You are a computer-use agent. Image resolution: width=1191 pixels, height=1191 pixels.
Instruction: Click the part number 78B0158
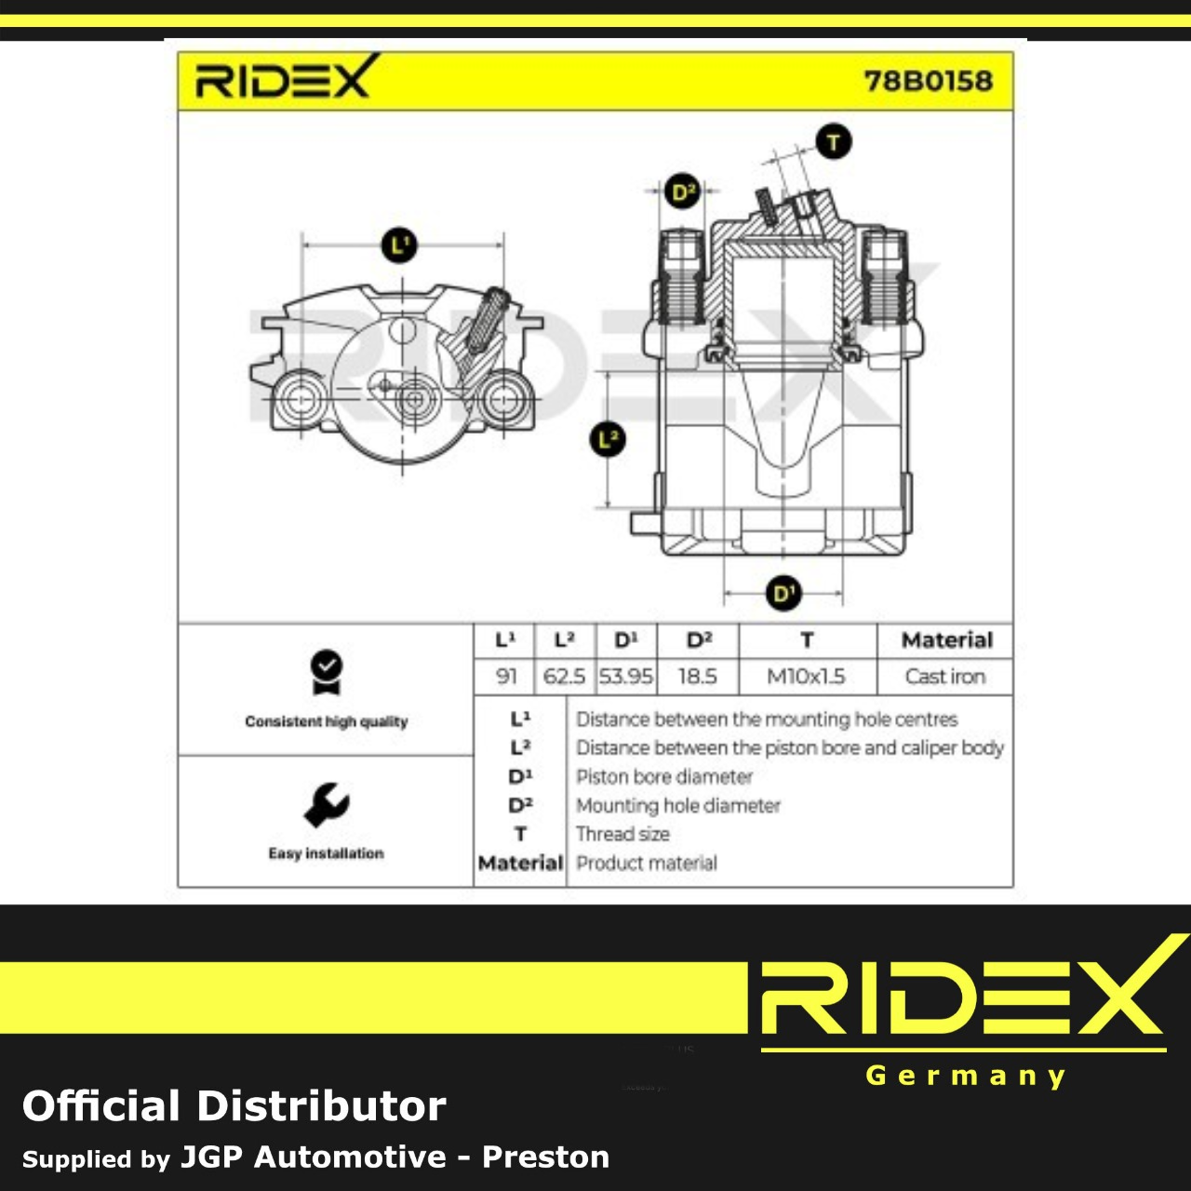[x=928, y=81]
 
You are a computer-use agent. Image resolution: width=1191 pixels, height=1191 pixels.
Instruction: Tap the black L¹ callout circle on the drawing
[x=399, y=246]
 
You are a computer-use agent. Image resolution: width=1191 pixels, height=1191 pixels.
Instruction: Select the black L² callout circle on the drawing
[x=608, y=439]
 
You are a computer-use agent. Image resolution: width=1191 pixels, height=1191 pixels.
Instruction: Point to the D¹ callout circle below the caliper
[x=783, y=594]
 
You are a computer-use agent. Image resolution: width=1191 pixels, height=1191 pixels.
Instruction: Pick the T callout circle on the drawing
[x=833, y=141]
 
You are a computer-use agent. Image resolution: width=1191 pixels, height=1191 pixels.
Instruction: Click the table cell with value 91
[x=505, y=676]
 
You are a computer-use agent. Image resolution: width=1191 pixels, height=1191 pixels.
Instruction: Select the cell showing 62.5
[x=564, y=676]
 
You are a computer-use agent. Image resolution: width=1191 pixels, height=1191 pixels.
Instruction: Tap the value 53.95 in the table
[x=625, y=676]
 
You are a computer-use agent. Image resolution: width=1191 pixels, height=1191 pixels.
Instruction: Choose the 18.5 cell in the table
[x=697, y=676]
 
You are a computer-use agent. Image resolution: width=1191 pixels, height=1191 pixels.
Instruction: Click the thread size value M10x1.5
[x=806, y=676]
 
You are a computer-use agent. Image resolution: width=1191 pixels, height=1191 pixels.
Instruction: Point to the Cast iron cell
[x=945, y=676]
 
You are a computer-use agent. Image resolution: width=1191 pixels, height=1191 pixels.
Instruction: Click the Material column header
[x=947, y=639]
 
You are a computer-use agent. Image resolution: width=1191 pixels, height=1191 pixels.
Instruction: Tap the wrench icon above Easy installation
[x=326, y=805]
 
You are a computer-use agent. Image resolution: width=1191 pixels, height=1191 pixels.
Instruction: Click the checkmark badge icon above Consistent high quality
[x=327, y=673]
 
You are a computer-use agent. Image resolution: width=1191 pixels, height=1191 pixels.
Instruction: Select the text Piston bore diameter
[x=664, y=776]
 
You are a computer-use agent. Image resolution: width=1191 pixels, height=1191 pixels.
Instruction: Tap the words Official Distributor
[x=234, y=1106]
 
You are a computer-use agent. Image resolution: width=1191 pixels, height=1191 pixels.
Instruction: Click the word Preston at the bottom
[x=546, y=1157]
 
